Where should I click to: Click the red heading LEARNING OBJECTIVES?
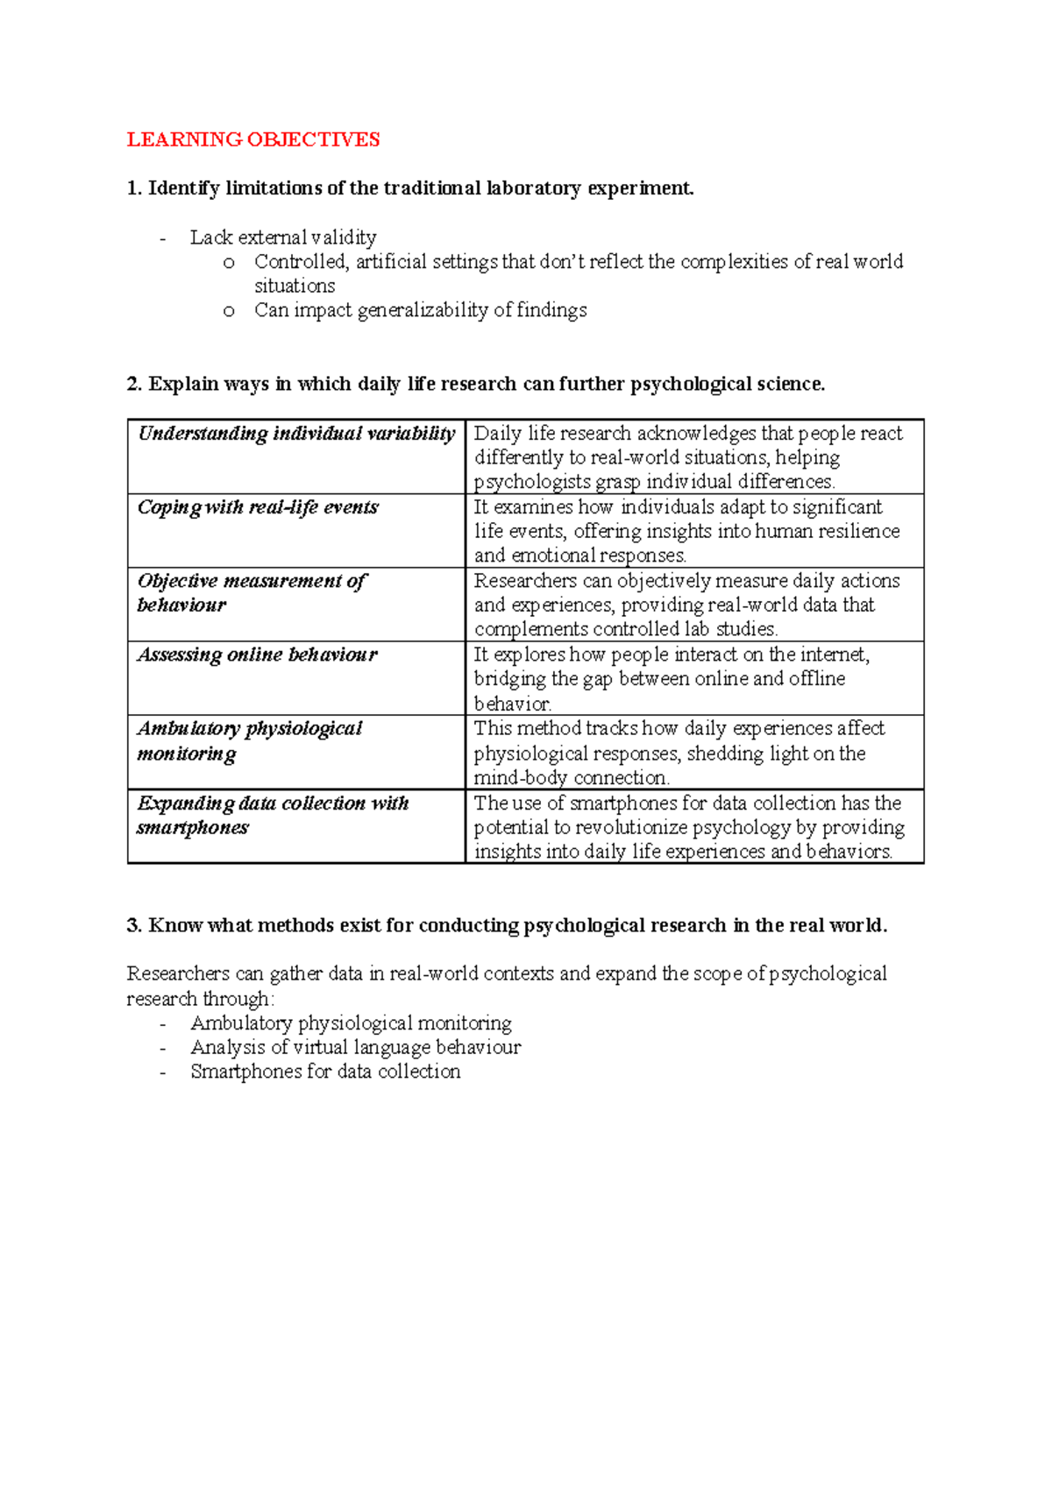click(253, 139)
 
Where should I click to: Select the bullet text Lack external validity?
click(283, 237)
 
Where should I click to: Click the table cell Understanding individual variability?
click(296, 434)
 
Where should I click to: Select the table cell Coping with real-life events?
click(258, 507)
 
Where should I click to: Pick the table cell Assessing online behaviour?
click(257, 655)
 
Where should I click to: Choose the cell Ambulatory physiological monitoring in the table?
click(249, 740)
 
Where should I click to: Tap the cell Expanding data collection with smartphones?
click(272, 815)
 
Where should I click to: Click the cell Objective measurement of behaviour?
click(252, 592)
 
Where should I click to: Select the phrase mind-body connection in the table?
click(571, 778)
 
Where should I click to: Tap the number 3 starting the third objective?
click(132, 926)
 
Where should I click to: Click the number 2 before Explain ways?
click(132, 385)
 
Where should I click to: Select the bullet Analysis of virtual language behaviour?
click(355, 1048)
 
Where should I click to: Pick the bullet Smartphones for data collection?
click(325, 1072)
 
